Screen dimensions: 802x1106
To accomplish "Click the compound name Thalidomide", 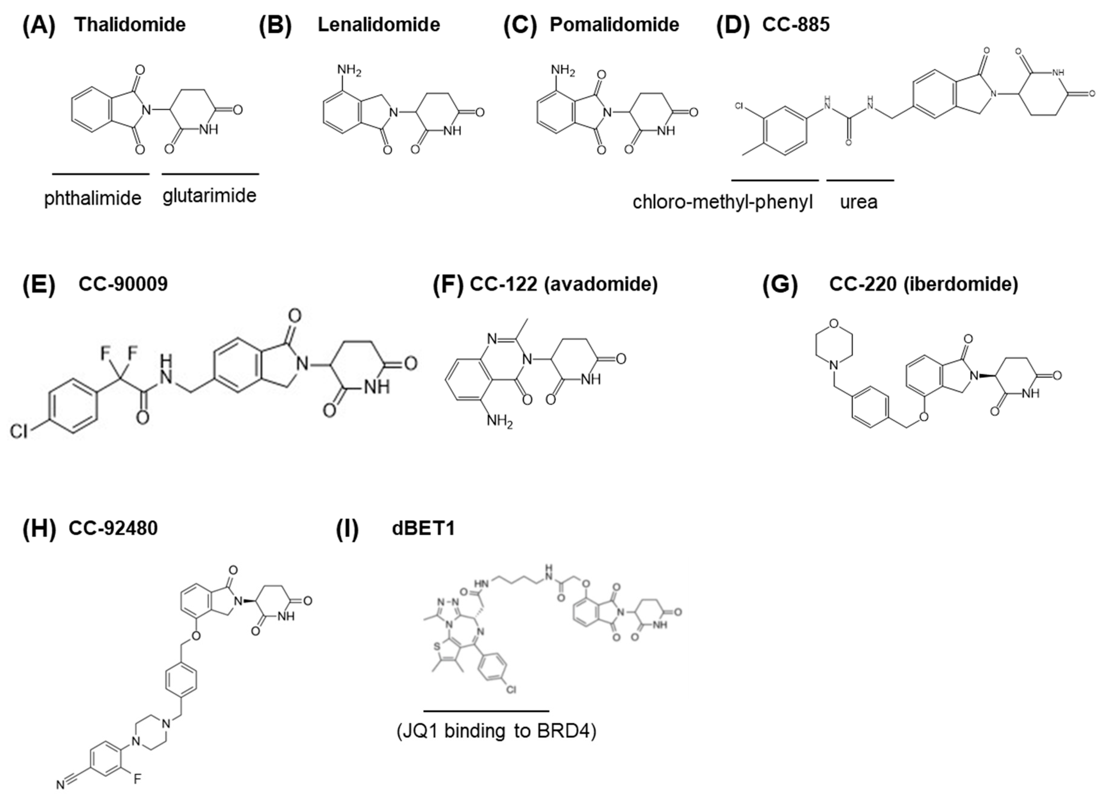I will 130,24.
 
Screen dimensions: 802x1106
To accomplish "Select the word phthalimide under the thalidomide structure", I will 93,198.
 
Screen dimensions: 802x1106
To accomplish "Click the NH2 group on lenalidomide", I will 349,71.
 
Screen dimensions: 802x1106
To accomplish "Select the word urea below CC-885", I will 858,202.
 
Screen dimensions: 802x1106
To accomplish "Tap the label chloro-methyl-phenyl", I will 723,202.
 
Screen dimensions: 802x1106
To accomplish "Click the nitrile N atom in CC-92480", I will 60,785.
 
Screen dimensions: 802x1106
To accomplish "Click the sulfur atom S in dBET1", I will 437,647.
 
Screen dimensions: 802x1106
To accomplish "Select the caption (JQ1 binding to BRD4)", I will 496,731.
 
